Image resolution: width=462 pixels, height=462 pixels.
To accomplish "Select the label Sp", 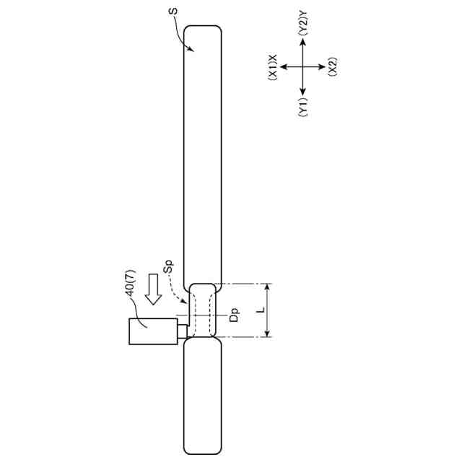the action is click(168, 266).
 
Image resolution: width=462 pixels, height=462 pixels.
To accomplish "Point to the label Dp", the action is click(234, 315).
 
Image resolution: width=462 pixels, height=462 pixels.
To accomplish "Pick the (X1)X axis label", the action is click(273, 67).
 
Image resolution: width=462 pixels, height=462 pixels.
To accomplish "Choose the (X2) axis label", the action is click(333, 67).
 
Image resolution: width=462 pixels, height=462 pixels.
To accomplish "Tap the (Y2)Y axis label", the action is click(303, 24).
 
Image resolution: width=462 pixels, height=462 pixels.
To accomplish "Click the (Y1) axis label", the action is click(303, 108).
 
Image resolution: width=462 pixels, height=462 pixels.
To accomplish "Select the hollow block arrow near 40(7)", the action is click(153, 289).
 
